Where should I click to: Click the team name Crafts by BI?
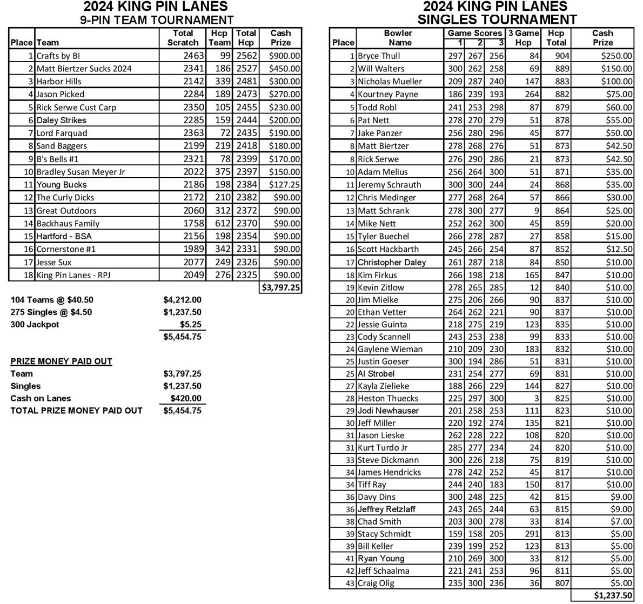click(x=58, y=56)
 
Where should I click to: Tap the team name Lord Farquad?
click(x=62, y=133)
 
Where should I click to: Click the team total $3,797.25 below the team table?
click(x=281, y=287)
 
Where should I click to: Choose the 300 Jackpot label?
click(x=35, y=325)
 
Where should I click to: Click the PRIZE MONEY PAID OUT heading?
click(x=62, y=361)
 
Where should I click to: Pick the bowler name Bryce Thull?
click(x=379, y=56)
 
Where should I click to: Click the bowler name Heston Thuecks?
click(x=387, y=399)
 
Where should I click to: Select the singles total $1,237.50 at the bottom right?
click(x=613, y=595)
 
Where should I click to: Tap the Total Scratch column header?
click(x=183, y=38)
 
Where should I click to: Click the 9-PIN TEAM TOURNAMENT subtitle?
click(x=157, y=21)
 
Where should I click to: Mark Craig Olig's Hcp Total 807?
click(x=555, y=583)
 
